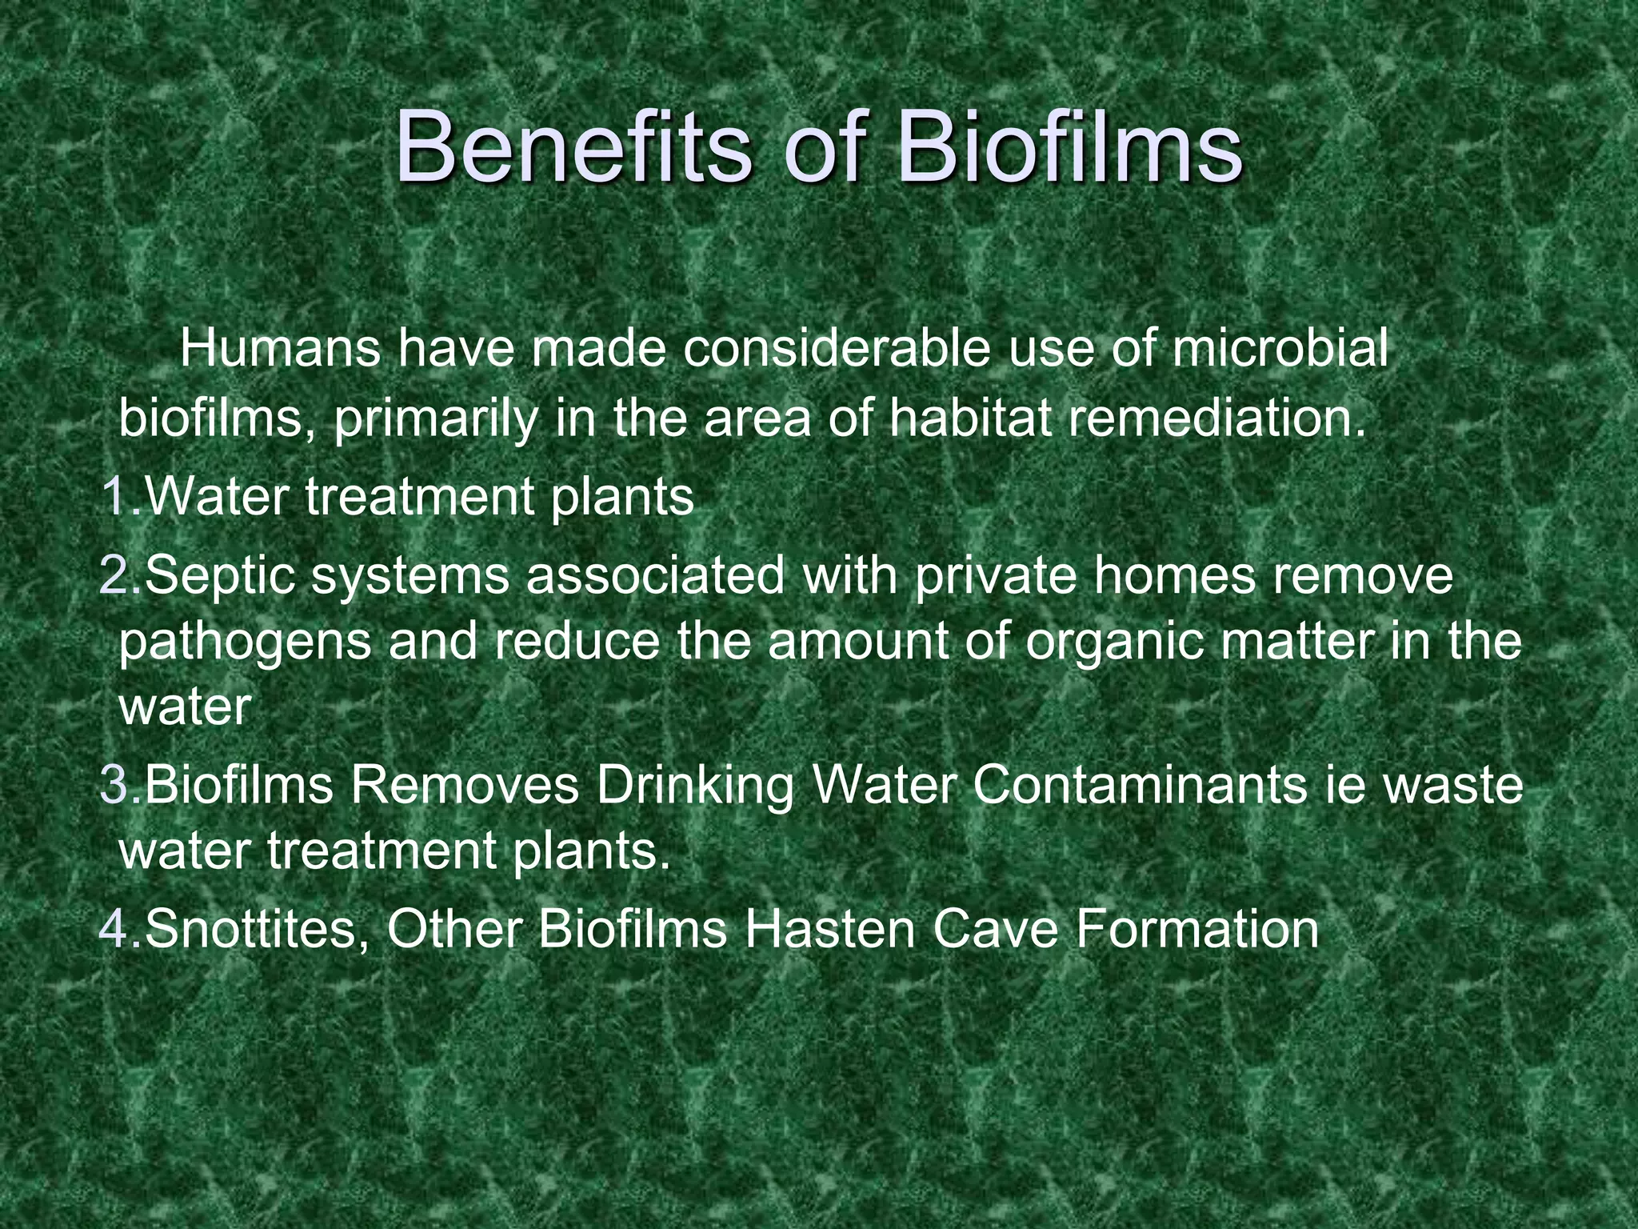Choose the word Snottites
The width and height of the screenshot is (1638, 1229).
click(256, 929)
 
